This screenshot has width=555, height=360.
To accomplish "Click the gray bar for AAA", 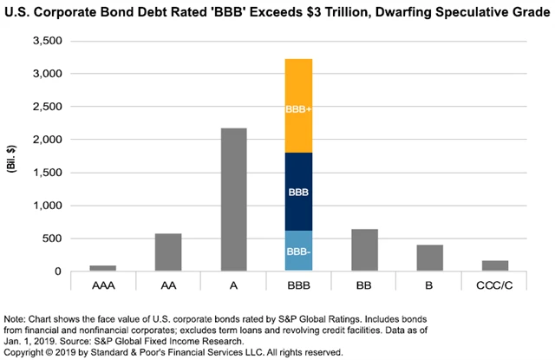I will click(x=103, y=268).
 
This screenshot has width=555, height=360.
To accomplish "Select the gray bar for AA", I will click(x=167, y=252).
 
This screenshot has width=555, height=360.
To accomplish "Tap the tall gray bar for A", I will click(x=233, y=200).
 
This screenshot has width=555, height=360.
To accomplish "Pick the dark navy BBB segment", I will click(x=298, y=191).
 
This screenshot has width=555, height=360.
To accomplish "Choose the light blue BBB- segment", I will click(x=298, y=251).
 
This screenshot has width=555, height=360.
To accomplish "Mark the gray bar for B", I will click(x=429, y=258).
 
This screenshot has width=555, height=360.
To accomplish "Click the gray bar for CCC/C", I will click(x=495, y=265).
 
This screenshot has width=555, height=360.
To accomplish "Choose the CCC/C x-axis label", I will click(x=495, y=285).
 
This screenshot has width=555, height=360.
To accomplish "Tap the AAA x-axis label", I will click(x=103, y=285).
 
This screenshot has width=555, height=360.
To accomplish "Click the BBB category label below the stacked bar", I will click(x=298, y=285).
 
